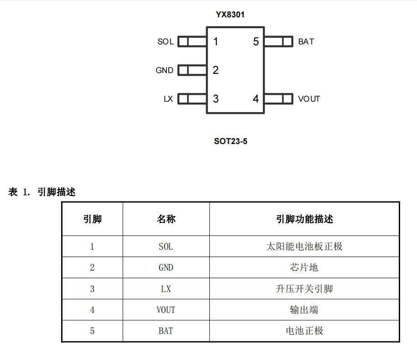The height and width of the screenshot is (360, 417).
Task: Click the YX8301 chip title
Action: click(230, 14)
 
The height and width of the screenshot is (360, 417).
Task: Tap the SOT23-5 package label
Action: click(230, 141)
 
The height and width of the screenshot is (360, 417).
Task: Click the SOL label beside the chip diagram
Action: click(166, 42)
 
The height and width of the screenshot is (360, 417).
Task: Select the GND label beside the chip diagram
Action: click(165, 71)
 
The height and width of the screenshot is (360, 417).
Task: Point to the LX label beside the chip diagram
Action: click(168, 99)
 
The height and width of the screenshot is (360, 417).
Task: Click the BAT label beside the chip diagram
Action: click(306, 42)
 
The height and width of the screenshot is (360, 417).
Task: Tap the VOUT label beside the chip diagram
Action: click(309, 99)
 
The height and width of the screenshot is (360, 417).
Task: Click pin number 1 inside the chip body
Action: click(216, 41)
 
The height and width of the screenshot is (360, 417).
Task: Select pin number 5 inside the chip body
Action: click(256, 41)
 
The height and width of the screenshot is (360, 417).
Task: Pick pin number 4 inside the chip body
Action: click(256, 99)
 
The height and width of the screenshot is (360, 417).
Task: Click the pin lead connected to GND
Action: click(192, 70)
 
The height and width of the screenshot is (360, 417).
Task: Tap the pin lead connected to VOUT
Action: click(279, 99)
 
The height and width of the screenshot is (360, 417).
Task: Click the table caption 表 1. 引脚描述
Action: click(42, 192)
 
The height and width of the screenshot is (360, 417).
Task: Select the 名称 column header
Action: click(166, 219)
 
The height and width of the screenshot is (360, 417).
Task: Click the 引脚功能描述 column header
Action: click(304, 219)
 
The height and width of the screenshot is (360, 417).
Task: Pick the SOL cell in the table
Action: click(166, 247)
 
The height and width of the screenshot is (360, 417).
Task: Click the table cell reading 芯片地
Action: click(304, 267)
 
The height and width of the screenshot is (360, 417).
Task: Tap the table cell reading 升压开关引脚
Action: click(304, 289)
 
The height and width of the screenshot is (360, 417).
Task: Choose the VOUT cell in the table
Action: click(166, 310)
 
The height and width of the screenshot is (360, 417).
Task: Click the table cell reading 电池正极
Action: click(304, 331)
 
